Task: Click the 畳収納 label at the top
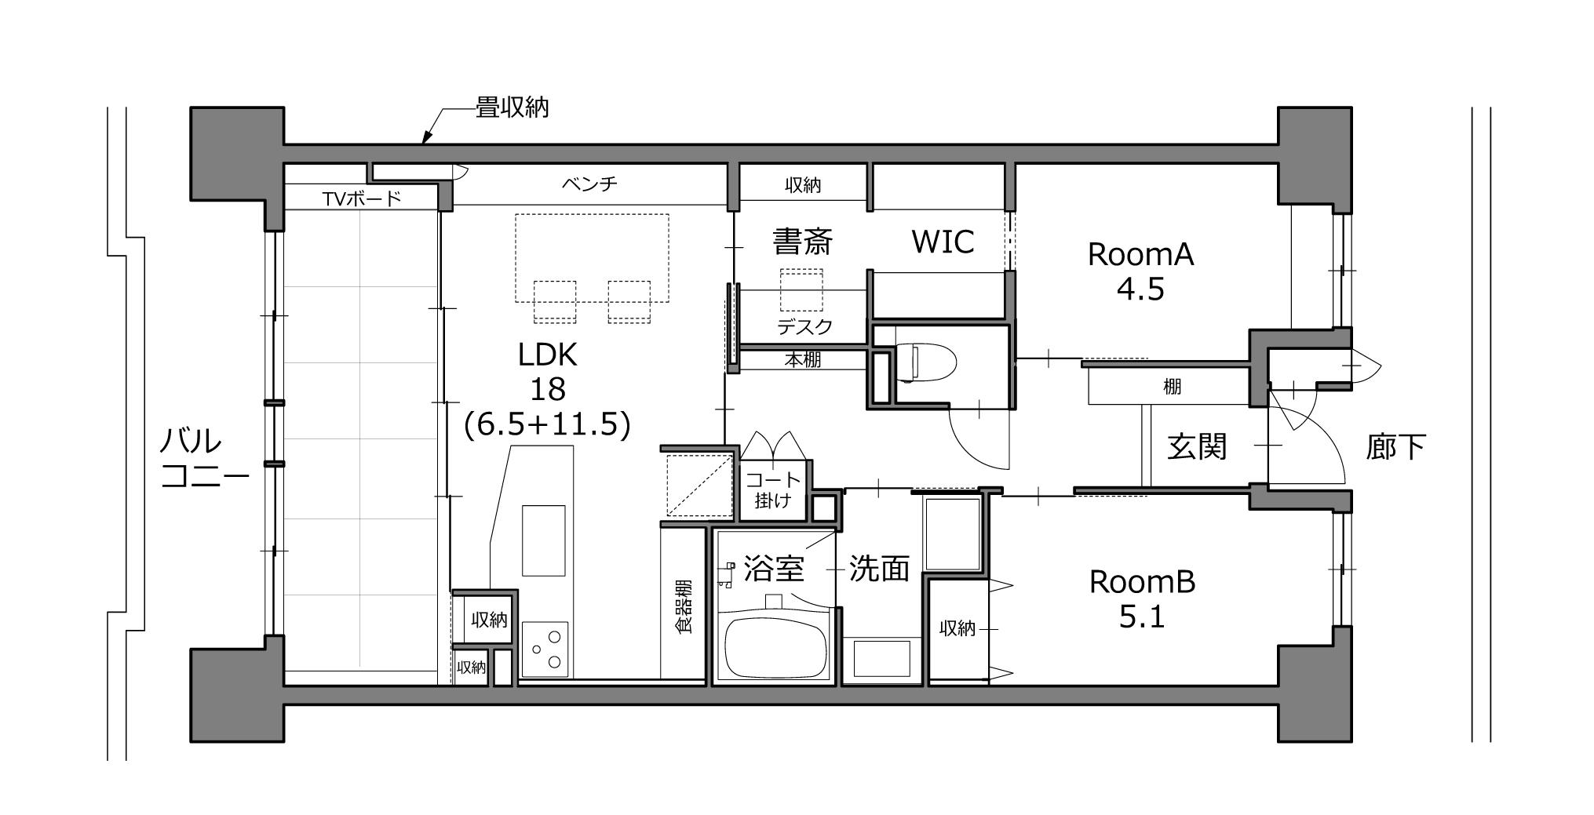pyautogui.click(x=512, y=107)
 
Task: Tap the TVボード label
pyautogui.click(x=362, y=198)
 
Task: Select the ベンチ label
pyautogui.click(x=589, y=184)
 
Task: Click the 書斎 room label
pyautogui.click(x=802, y=242)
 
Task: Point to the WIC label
pyautogui.click(x=943, y=242)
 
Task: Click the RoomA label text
pyautogui.click(x=1140, y=254)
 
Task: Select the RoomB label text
pyautogui.click(x=1142, y=582)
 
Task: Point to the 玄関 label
pyautogui.click(x=1197, y=447)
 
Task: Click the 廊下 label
pyautogui.click(x=1395, y=447)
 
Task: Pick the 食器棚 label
pyautogui.click(x=684, y=606)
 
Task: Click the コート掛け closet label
pyautogui.click(x=773, y=490)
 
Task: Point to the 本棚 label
pyautogui.click(x=803, y=360)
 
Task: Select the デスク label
pyautogui.click(x=804, y=326)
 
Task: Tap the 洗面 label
pyautogui.click(x=879, y=569)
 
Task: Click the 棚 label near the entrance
pyautogui.click(x=1173, y=387)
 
